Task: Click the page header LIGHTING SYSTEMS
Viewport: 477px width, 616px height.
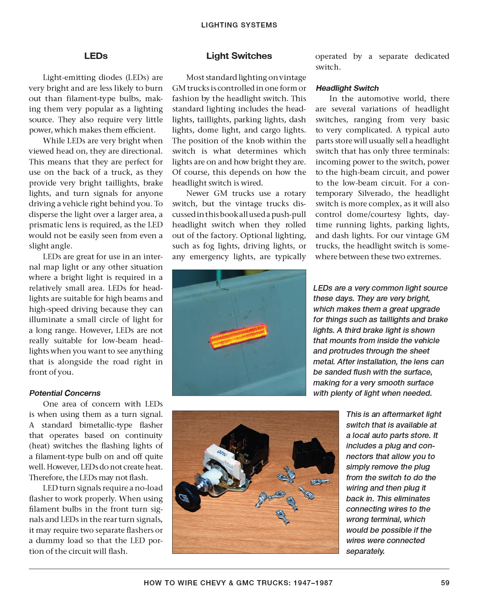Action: click(239, 25)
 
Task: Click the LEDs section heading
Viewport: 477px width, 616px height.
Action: click(96, 56)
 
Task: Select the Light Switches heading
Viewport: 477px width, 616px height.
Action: click(239, 56)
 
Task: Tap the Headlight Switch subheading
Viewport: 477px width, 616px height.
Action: click(347, 88)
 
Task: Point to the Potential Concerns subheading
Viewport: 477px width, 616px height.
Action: click(65, 393)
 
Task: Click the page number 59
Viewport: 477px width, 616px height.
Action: click(445, 583)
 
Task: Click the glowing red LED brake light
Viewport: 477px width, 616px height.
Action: click(238, 336)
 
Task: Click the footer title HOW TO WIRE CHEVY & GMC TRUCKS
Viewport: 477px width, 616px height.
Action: click(238, 583)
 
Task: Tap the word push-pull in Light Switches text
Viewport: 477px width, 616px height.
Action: click(289, 214)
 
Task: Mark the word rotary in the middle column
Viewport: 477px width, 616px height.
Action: click(295, 193)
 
